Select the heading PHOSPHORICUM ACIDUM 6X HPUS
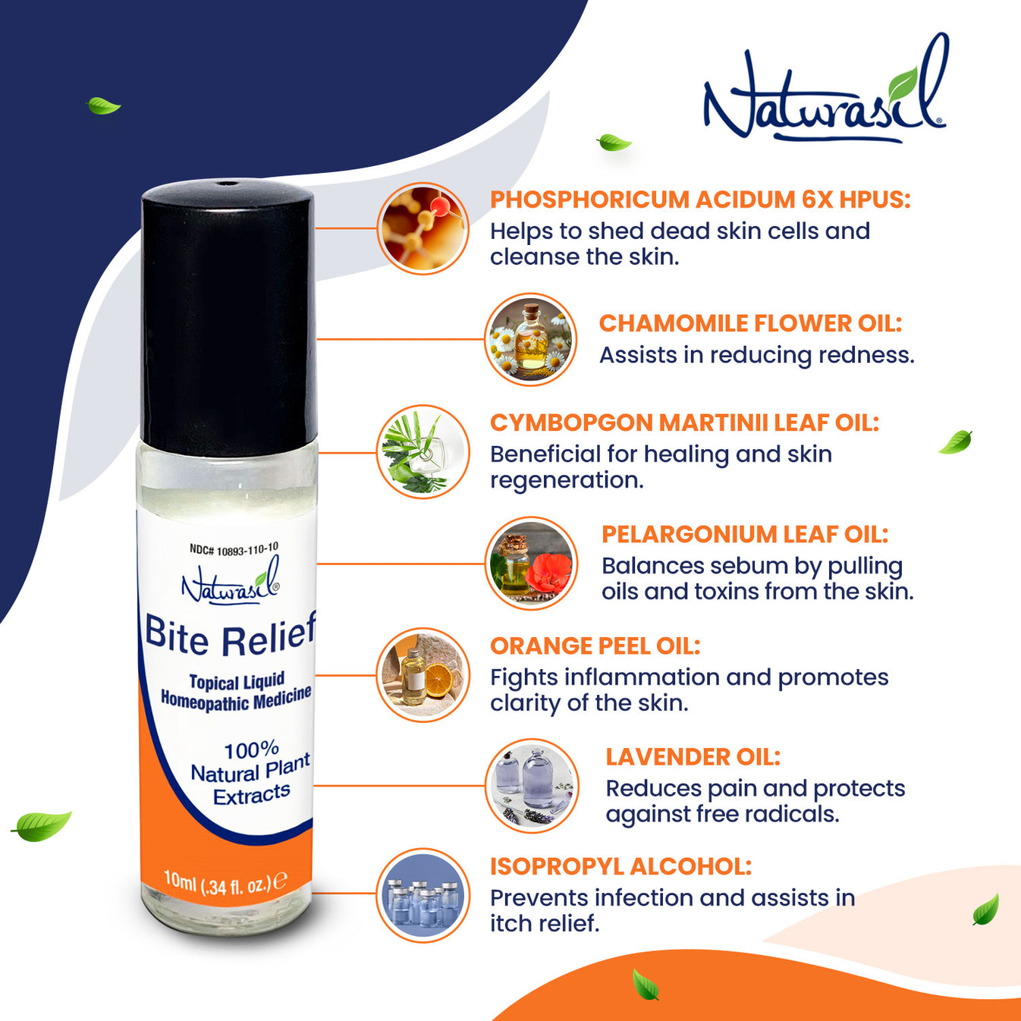click(x=699, y=199)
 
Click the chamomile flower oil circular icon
click(x=530, y=340)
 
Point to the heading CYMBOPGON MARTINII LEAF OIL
click(x=684, y=423)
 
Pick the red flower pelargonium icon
click(x=531, y=564)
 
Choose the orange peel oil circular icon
click(x=423, y=674)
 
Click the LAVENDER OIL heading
click(x=693, y=756)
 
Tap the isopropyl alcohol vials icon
click(x=423, y=895)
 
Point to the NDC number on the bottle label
click(x=234, y=549)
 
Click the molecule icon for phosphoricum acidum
click(x=423, y=228)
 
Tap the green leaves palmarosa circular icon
click(x=423, y=452)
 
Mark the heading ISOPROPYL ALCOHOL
click(x=620, y=866)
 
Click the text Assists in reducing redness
click(x=756, y=355)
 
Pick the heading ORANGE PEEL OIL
click(x=595, y=646)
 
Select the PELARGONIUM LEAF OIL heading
click(x=744, y=534)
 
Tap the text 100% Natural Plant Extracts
click(x=250, y=773)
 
